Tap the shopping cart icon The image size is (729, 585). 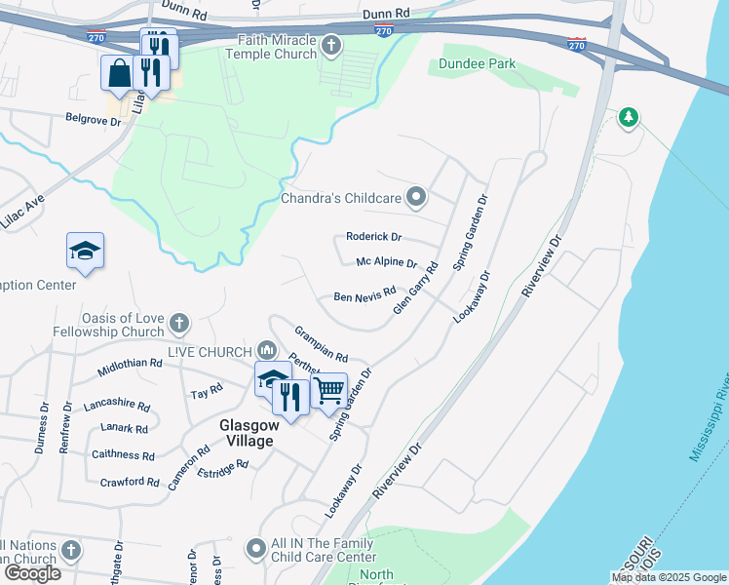(329, 391)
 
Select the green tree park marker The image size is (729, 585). (629, 118)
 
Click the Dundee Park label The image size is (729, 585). (477, 64)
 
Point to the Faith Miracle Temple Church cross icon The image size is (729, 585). (331, 46)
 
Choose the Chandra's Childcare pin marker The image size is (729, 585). (417, 198)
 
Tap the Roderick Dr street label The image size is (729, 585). (374, 237)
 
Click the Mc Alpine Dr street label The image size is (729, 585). (386, 263)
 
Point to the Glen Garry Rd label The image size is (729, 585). (415, 288)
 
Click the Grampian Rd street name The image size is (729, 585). (322, 342)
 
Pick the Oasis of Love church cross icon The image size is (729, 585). (177, 323)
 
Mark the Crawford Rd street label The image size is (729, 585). (130, 482)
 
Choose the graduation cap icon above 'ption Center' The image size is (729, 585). (85, 251)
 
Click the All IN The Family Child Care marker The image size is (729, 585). (255, 550)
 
